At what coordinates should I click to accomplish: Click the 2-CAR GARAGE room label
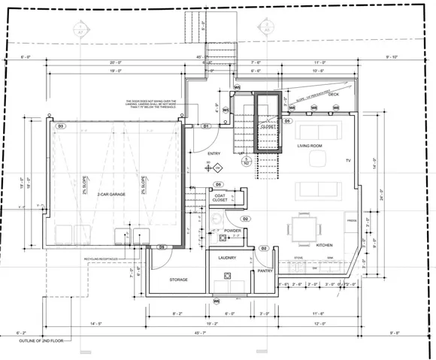(x=111, y=195)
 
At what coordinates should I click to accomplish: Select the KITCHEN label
(x=324, y=246)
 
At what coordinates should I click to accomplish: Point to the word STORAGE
(x=178, y=280)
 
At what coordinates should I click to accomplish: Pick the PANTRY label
(x=265, y=271)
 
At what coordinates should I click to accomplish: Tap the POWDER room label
(x=232, y=231)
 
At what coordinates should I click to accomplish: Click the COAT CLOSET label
(x=220, y=198)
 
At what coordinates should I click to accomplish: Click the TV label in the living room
(x=348, y=162)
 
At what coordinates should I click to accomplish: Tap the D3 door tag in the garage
(x=61, y=126)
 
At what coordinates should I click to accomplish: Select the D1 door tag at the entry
(x=204, y=126)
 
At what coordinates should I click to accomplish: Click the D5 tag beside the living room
(x=287, y=121)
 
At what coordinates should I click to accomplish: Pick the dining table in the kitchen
(x=303, y=228)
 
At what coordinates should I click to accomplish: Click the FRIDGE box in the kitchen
(x=351, y=220)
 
